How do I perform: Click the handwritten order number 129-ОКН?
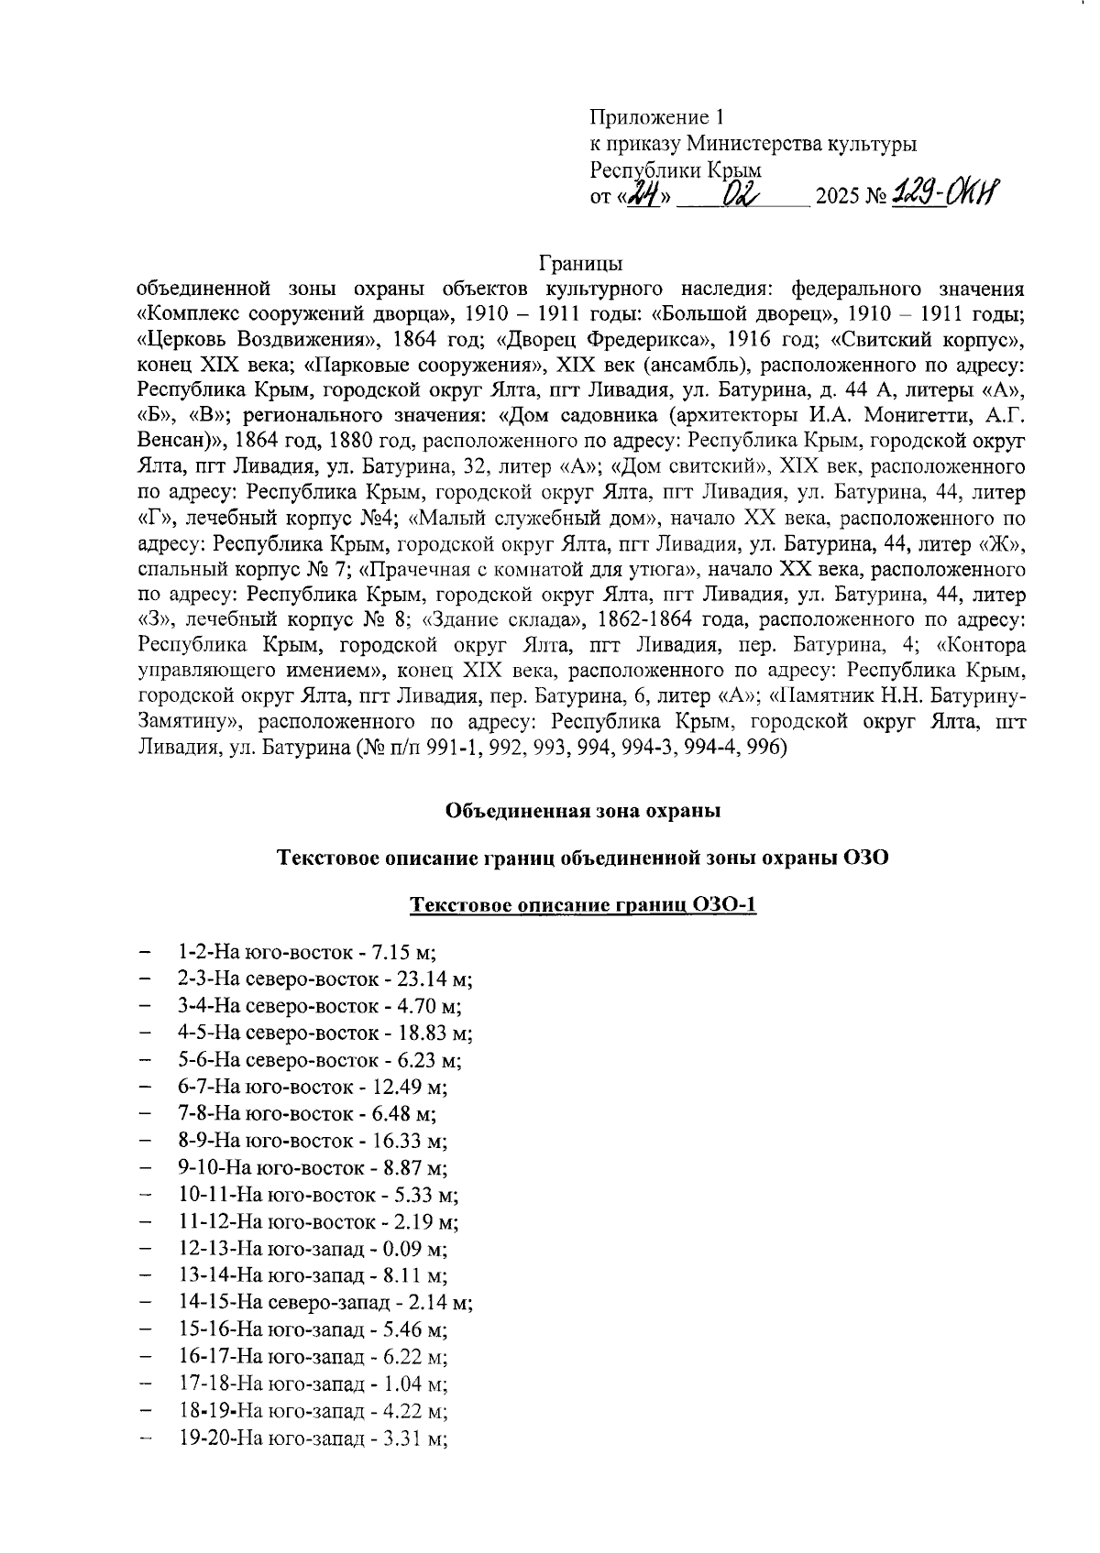pyautogui.click(x=944, y=193)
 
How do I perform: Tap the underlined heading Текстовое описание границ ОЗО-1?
pyautogui.click(x=583, y=906)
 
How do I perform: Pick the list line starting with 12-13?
pyautogui.click(x=312, y=1249)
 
